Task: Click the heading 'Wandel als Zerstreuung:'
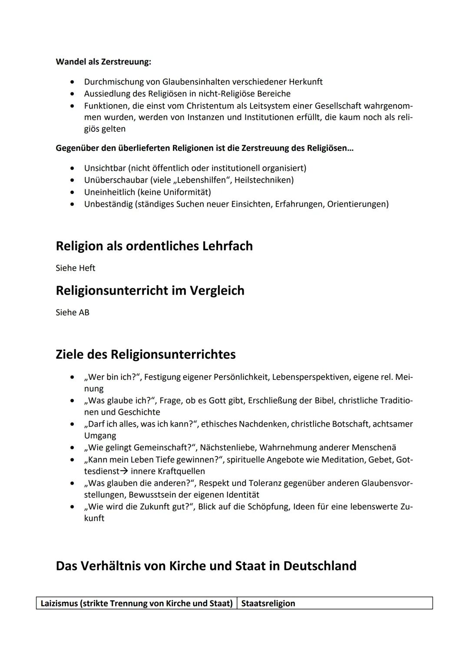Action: point(103,62)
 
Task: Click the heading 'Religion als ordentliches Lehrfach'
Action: point(154,246)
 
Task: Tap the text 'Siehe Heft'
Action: point(75,268)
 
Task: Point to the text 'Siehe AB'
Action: point(72,312)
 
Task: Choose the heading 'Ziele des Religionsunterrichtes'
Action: point(145,354)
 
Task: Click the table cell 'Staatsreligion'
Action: point(268,603)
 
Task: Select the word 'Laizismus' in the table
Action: point(59,603)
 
